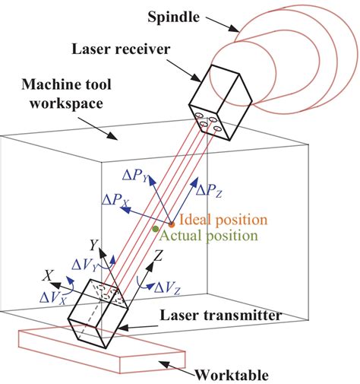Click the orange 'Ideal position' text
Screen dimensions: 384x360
click(219, 221)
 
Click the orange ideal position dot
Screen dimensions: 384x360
click(172, 224)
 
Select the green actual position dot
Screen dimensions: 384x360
click(156, 228)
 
